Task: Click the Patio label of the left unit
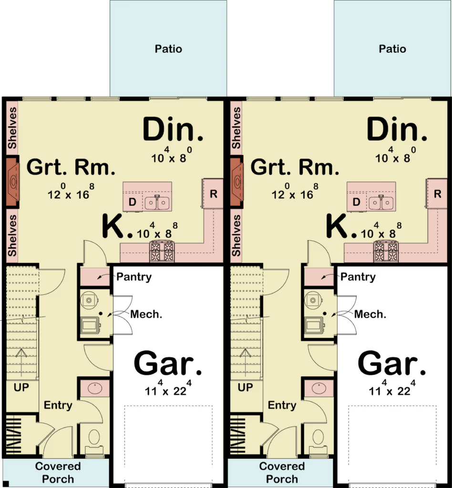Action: click(x=168, y=49)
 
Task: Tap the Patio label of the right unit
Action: click(x=392, y=49)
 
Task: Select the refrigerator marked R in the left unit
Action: click(x=213, y=193)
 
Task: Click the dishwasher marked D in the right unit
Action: click(x=357, y=202)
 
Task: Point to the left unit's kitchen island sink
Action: click(x=157, y=203)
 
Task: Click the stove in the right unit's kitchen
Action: click(x=386, y=251)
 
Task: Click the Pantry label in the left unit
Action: click(x=134, y=277)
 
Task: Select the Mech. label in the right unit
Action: click(x=370, y=315)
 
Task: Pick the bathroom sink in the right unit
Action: click(x=319, y=388)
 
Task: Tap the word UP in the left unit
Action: click(x=21, y=387)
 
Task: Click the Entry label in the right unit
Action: click(x=282, y=405)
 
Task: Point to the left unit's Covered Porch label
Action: click(x=58, y=472)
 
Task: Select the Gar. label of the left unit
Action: click(x=168, y=364)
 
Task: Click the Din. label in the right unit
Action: click(x=397, y=129)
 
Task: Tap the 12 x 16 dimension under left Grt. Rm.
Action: click(x=71, y=192)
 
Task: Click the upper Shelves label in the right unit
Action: click(x=236, y=128)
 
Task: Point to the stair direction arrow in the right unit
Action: click(x=245, y=365)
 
